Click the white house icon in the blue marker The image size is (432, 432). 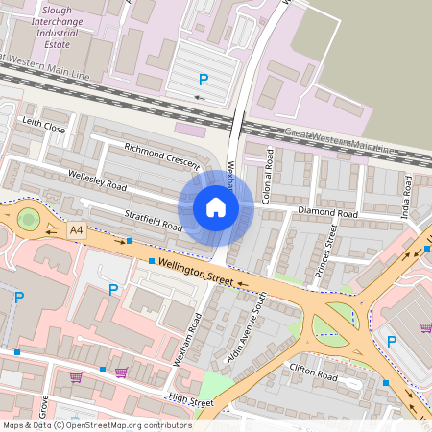(216, 207)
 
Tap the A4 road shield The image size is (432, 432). (77, 230)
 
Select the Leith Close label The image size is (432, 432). (43, 125)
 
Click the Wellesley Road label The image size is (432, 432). (96, 179)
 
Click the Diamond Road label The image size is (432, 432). (327, 211)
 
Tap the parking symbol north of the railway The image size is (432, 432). (202, 80)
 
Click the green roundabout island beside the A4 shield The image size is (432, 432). (28, 219)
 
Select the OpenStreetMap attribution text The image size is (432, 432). (96, 424)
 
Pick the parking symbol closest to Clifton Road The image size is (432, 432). (391, 341)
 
